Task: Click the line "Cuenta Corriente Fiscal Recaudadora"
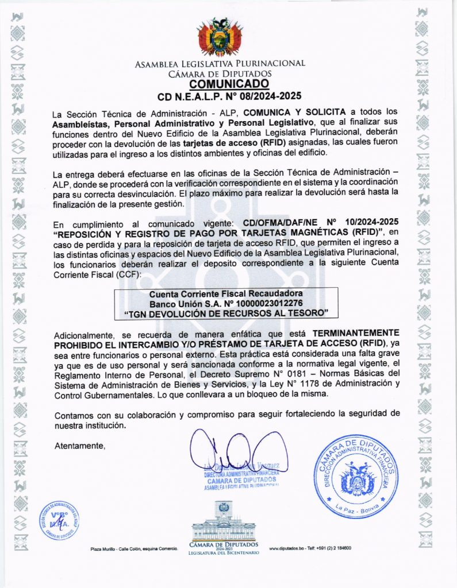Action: [x=225, y=293]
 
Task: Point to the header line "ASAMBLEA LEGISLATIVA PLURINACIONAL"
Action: [x=220, y=64]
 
